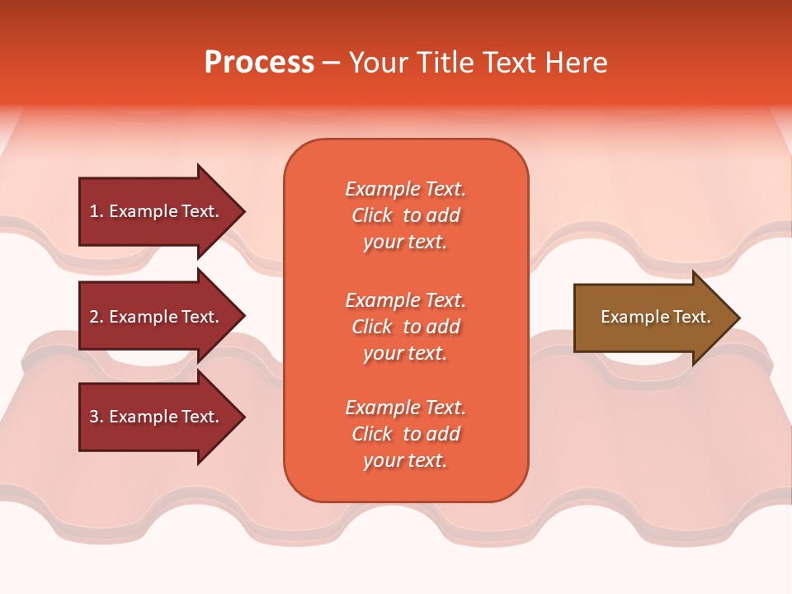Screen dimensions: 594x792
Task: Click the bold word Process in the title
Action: click(x=259, y=63)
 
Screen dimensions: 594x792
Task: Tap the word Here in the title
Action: click(x=577, y=63)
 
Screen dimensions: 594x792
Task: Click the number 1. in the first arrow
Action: click(x=97, y=211)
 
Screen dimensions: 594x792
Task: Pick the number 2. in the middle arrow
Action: click(x=97, y=317)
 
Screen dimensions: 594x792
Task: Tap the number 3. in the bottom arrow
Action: click(x=97, y=417)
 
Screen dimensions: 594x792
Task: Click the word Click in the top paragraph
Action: click(x=372, y=215)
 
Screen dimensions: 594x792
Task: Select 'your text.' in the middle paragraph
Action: click(x=405, y=353)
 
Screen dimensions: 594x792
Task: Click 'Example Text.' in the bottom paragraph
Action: click(x=405, y=408)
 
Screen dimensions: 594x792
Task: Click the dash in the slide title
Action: click(x=332, y=63)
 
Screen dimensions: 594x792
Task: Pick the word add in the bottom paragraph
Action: click(x=443, y=434)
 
